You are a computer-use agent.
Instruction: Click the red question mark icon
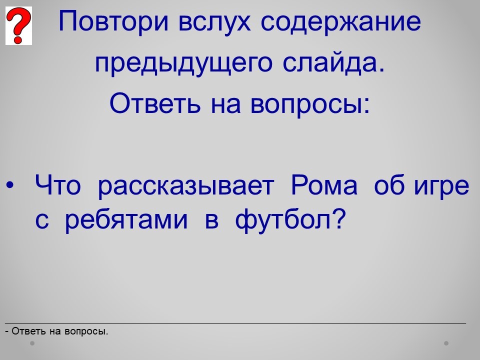coord(18,25)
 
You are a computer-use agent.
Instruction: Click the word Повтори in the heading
coord(113,22)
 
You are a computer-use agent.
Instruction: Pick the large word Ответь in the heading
coord(155,103)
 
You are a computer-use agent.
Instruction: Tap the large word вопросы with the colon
coord(310,104)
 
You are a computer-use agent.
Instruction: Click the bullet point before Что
coord(10,185)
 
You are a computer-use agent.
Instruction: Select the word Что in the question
coord(58,185)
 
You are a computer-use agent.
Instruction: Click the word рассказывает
coord(186,186)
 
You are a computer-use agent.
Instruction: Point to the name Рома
coord(324,185)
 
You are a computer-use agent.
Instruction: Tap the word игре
coord(441,186)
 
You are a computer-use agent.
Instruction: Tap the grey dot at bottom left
coord(32,343)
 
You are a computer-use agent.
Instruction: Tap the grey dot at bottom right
coord(446,343)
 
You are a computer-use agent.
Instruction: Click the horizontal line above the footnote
coord(235,323)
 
